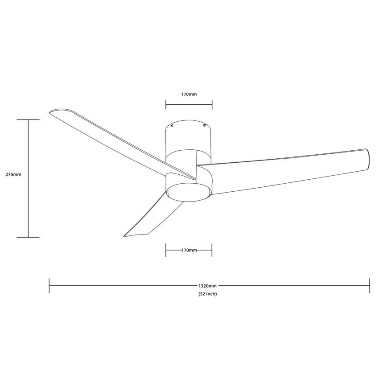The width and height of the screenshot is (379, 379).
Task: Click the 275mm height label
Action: pos(13,174)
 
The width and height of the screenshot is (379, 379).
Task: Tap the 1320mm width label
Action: pos(208,286)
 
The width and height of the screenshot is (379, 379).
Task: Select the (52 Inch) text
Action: pos(208,294)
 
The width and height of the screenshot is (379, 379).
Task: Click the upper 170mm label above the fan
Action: pos(189,95)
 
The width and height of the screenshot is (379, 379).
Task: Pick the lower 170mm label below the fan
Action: pos(189,251)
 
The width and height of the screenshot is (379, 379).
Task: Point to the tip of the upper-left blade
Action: pos(51,111)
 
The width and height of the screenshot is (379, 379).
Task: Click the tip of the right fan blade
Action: pos(368,158)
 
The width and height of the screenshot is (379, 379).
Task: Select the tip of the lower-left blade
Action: pos(125,235)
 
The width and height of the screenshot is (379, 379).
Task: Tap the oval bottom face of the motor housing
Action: pos(189,190)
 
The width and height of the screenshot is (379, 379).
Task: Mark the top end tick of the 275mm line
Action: pos(29,119)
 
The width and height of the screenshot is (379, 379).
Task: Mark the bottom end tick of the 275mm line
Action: pos(29,238)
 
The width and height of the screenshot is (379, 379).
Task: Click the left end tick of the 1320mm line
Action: pos(49,286)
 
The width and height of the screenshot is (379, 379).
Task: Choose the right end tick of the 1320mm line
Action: pos(370,286)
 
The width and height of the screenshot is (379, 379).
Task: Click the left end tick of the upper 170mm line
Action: pos(166,104)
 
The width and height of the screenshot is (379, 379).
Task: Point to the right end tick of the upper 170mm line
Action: pos(212,104)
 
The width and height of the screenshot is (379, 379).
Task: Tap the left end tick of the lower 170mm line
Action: pos(166,250)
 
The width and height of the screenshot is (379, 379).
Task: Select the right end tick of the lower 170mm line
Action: pos(212,250)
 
